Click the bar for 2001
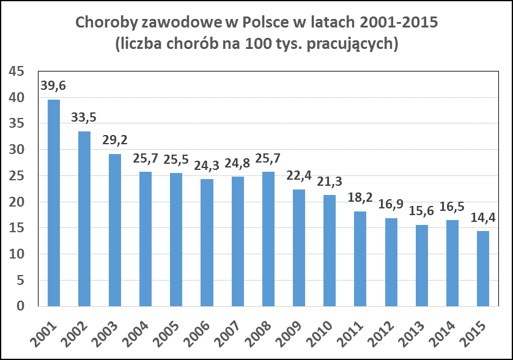54,202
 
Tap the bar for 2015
483,268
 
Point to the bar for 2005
176,239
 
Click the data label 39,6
53,86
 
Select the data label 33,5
84,118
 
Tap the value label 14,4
483,218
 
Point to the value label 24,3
207,166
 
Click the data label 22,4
299,176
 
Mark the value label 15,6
421,211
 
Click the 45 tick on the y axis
17,72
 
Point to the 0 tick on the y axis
21,306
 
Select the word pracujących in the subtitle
352,45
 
